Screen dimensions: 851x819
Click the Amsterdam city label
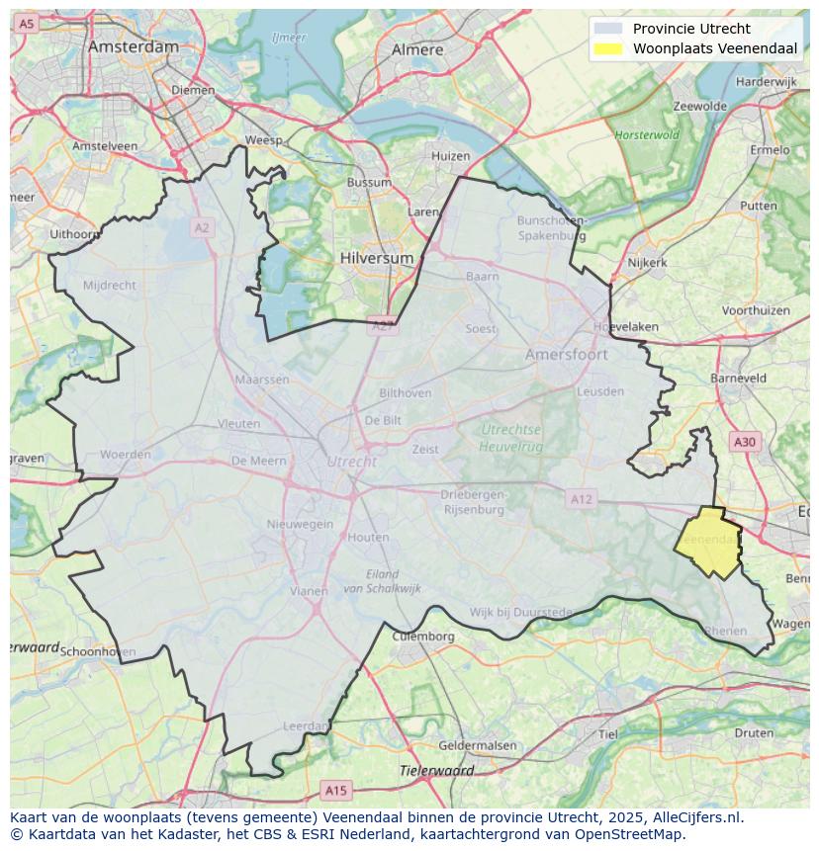pos(134,46)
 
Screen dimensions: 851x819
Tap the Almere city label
pos(417,48)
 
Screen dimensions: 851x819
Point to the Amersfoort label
pos(567,354)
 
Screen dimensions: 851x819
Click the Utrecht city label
pos(351,462)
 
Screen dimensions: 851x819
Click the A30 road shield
pos(745,442)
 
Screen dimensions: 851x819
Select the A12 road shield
pos(581,499)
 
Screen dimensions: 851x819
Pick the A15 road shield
pos(336,790)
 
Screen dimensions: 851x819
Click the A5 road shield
pos(27,23)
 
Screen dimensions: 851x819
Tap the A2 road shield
pos(202,227)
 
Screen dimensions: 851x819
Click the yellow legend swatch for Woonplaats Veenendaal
pos(608,48)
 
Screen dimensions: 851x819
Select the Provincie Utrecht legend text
pos(691,29)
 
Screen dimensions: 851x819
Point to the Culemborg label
pos(423,637)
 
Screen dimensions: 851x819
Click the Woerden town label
pos(126,455)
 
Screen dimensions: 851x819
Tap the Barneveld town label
pos(738,378)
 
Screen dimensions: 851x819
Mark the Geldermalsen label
pos(477,745)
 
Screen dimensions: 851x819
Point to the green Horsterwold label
pos(647,134)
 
